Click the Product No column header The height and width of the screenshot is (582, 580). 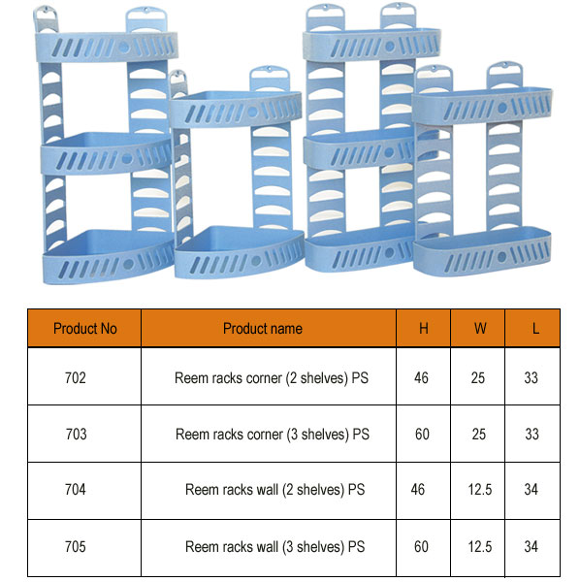tap(85, 329)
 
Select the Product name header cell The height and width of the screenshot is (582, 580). tap(262, 329)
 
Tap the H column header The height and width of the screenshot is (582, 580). tap(424, 329)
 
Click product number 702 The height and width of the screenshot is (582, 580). tap(76, 378)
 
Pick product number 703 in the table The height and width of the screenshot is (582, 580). tap(76, 434)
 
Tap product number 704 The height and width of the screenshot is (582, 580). tap(76, 489)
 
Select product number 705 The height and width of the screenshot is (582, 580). tap(76, 547)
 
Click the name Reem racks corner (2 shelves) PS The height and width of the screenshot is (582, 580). tap(272, 378)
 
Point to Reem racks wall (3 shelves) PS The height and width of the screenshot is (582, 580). tap(275, 547)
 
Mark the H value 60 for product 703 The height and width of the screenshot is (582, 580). tap(422, 434)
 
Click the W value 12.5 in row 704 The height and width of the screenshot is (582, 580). tap(480, 489)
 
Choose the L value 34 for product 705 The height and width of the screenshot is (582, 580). tap(531, 547)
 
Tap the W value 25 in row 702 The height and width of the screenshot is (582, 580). tap(478, 378)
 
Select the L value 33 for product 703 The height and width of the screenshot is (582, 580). tap(532, 434)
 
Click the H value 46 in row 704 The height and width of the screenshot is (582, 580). tap(418, 489)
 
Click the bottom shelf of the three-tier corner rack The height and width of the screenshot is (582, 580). tap(108, 258)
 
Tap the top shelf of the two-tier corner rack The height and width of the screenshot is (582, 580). tap(236, 109)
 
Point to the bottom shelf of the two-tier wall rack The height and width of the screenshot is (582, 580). tap(482, 252)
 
